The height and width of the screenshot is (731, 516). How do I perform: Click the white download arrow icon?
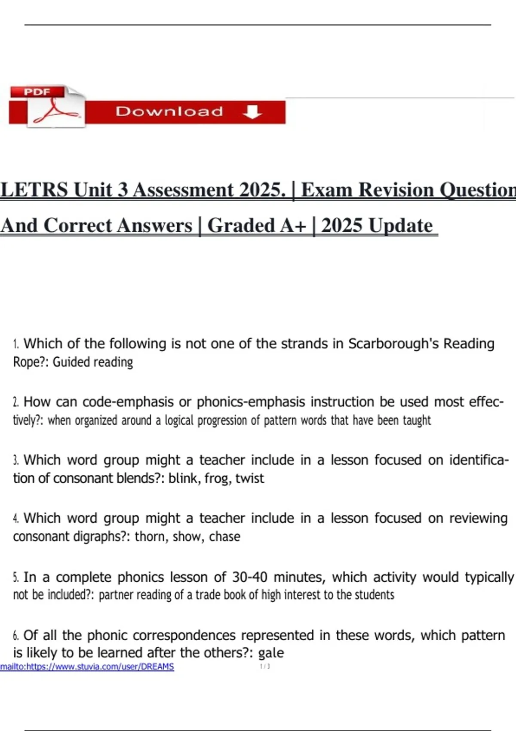pyautogui.click(x=252, y=112)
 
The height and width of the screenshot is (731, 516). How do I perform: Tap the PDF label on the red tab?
pyautogui.click(x=37, y=92)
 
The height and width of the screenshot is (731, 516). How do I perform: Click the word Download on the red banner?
pyautogui.click(x=169, y=112)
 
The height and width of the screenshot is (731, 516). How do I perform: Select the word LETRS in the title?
pyautogui.click(x=34, y=190)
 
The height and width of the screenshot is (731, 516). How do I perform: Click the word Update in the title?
pyautogui.click(x=400, y=226)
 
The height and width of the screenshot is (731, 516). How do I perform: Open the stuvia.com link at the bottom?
pyautogui.click(x=87, y=666)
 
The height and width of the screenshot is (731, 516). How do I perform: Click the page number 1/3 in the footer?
pyautogui.click(x=265, y=666)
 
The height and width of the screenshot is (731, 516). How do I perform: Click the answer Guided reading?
pyautogui.click(x=93, y=362)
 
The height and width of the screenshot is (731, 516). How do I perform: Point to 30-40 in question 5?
pyautogui.click(x=250, y=577)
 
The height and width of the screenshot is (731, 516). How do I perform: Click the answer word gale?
pyautogui.click(x=271, y=653)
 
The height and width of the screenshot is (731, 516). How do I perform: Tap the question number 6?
pyautogui.click(x=16, y=636)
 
